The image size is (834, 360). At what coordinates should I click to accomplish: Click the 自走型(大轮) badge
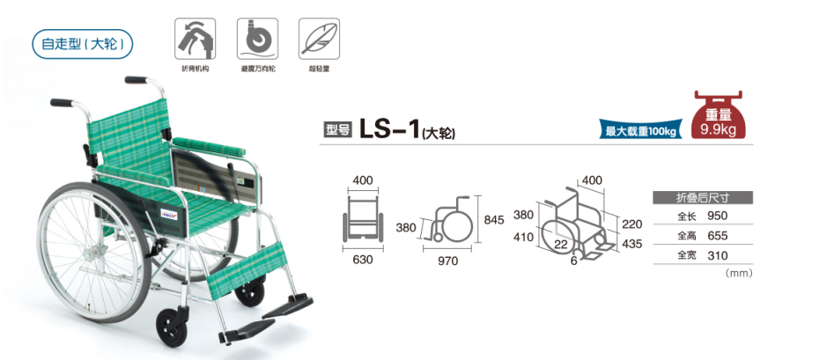pos(83,44)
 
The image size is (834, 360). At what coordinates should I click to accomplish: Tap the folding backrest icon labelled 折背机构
pos(196,39)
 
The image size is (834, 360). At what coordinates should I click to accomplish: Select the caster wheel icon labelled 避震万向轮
pos(257,39)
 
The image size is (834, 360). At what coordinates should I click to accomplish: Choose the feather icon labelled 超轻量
pos(319,39)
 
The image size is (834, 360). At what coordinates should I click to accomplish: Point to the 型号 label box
pos(338,130)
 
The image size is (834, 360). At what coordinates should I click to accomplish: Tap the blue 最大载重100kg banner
pos(641,129)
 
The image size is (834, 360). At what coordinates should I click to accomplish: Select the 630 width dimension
pos(362,260)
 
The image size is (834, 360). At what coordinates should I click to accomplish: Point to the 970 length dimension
pos(447,261)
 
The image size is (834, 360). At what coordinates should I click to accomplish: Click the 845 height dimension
pos(493,220)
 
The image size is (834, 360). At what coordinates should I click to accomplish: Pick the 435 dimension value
pos(631,244)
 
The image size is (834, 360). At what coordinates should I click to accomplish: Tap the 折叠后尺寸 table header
pos(703,198)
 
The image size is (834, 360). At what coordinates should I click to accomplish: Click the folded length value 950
pos(718,216)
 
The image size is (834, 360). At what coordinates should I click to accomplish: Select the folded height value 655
pos(718,236)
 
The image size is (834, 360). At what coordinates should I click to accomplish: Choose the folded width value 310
pos(718,255)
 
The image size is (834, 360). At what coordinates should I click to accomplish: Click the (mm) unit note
pos(739,274)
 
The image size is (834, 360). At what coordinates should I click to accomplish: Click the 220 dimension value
pos(631,224)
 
